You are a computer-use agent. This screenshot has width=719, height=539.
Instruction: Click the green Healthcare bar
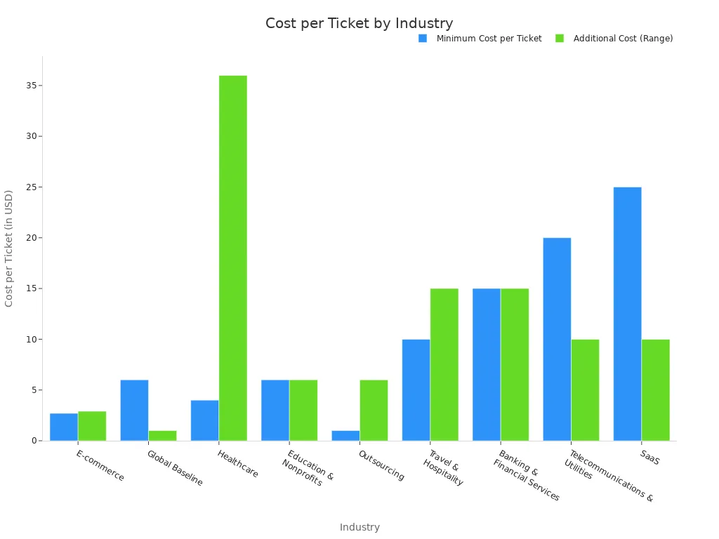click(x=232, y=258)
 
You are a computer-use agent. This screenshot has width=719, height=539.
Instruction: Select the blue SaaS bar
click(x=627, y=314)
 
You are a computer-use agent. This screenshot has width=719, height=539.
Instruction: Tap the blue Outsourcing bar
click(x=345, y=435)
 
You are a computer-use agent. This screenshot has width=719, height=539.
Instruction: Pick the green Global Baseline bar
click(x=162, y=435)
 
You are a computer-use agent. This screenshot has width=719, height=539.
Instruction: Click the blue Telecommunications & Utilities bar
click(x=557, y=339)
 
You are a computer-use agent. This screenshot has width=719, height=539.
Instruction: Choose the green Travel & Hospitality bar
click(x=444, y=364)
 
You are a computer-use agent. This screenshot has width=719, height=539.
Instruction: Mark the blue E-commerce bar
click(x=64, y=427)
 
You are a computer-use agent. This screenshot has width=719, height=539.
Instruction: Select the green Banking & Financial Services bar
click(x=515, y=364)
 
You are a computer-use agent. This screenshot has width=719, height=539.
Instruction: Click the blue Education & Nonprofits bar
click(x=275, y=410)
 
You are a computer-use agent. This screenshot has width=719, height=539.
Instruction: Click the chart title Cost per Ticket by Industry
click(x=359, y=23)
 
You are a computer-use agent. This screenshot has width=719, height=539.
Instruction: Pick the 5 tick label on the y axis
click(x=33, y=390)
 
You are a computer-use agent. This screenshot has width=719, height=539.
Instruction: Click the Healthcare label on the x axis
click(x=238, y=464)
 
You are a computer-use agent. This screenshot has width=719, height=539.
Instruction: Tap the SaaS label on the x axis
click(x=649, y=457)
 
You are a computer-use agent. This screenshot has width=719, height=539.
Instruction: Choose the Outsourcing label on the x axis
click(x=381, y=465)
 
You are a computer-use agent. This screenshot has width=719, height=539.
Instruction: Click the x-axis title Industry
click(x=359, y=527)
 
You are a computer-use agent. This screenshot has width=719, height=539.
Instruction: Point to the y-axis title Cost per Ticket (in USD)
click(x=9, y=248)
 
